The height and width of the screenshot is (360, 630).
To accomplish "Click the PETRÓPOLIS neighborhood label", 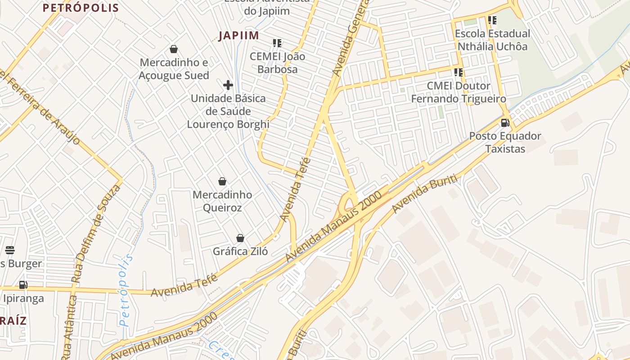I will coord(81,8).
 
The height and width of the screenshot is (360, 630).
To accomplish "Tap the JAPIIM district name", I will coord(239,36).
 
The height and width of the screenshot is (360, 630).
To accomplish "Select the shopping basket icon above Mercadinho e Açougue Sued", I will coord(174,49).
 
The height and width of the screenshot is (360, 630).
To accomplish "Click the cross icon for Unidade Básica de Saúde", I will coord(228,85).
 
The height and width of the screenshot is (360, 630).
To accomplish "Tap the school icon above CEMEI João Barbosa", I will coord(277,43).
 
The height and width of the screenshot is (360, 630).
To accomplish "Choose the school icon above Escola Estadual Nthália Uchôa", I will coord(492,20).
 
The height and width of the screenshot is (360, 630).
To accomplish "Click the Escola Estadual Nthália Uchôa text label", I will coord(492,40).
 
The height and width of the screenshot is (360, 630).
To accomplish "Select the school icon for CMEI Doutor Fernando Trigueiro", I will coord(459,72).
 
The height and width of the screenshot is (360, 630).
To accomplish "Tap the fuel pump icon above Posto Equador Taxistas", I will coord(505,123).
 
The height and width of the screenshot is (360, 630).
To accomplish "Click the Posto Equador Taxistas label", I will coord(505,142).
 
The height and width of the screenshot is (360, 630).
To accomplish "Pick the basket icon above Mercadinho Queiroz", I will coord(222,181).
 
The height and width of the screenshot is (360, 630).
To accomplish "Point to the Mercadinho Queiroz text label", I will coord(222,201).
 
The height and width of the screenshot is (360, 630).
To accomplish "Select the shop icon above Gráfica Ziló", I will coord(240,238).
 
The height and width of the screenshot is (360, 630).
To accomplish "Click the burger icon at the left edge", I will coord(10,250).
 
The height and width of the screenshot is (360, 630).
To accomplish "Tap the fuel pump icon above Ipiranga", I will coord(23,284).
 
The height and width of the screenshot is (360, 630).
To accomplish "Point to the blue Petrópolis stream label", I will coord(126,290).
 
